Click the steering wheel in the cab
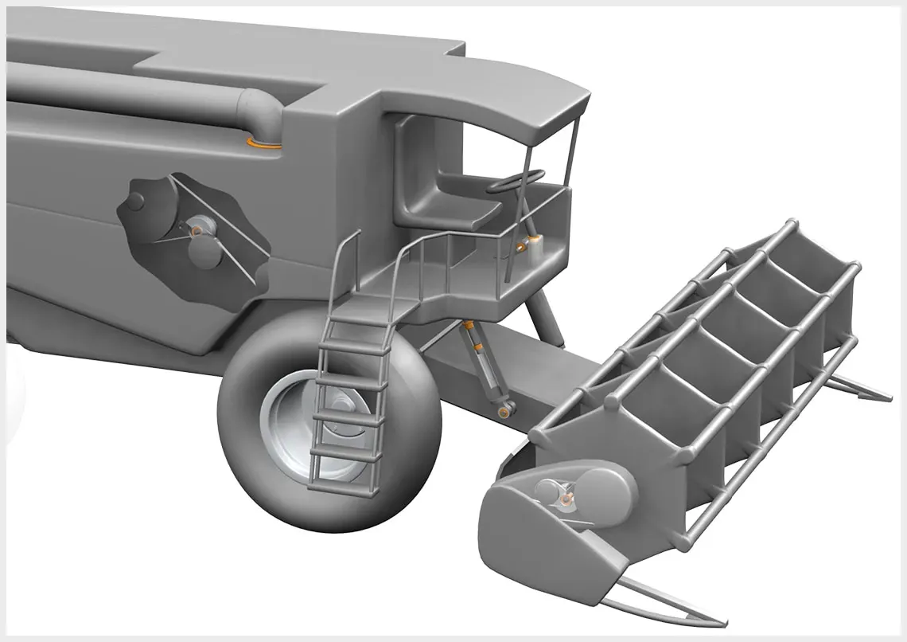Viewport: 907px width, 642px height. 516,181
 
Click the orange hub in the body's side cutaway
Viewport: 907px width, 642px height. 196,231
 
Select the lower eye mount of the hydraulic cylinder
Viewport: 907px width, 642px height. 504,411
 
